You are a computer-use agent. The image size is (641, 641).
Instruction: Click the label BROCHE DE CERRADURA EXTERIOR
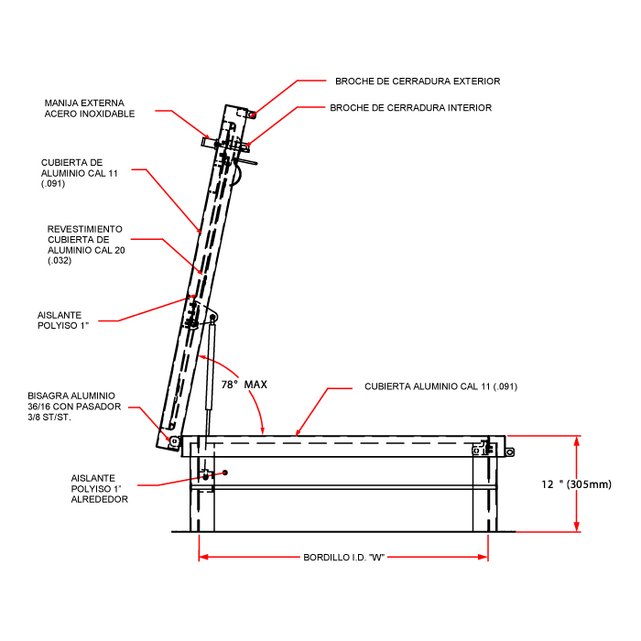pyautogui.click(x=418, y=81)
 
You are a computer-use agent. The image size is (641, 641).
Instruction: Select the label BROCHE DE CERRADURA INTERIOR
pyautogui.click(x=410, y=108)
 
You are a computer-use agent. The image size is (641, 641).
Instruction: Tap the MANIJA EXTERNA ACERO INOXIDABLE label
pyautogui.click(x=90, y=108)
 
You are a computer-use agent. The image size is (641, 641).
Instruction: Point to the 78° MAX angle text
pyautogui.click(x=242, y=385)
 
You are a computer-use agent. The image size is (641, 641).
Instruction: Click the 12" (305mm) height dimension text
pyautogui.click(x=576, y=483)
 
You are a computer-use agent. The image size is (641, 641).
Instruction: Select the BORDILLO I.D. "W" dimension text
pyautogui.click(x=342, y=557)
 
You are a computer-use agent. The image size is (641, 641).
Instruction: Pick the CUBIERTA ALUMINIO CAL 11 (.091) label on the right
pyautogui.click(x=440, y=386)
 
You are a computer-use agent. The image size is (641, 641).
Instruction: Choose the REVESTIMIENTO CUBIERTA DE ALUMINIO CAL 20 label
pyautogui.click(x=85, y=244)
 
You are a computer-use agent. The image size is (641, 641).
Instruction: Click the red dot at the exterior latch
pyautogui.click(x=253, y=114)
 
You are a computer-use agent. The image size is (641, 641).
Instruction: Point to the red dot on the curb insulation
pyautogui.click(x=224, y=473)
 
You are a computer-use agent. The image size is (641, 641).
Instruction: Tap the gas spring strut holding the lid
pyautogui.click(x=211, y=366)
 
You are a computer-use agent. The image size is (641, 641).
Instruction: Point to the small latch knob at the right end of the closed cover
pyautogui.click(x=509, y=450)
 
